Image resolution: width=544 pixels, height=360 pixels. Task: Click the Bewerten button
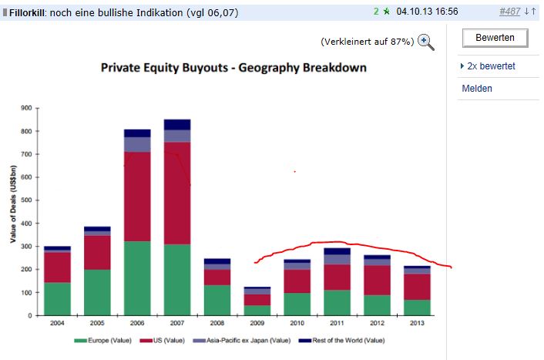(495, 37)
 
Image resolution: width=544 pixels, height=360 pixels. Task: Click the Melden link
(477, 89)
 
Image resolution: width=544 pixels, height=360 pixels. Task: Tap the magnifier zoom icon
(426, 42)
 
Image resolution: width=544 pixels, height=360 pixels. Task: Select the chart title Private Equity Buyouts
(233, 68)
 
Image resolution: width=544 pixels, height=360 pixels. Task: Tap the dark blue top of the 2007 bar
(177, 124)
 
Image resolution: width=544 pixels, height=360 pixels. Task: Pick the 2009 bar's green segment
(257, 310)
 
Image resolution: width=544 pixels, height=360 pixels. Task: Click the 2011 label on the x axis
(337, 323)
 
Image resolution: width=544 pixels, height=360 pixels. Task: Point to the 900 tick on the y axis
(27, 108)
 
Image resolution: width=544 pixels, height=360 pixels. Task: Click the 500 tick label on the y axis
(27, 200)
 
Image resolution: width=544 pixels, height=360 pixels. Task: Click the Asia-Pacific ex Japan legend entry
(247, 340)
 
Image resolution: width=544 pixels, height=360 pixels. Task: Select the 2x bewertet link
(491, 66)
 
